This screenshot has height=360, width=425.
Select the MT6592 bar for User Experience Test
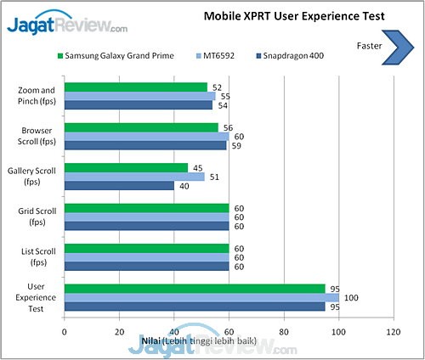click(x=201, y=297)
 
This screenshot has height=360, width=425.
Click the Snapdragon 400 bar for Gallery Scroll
click(x=119, y=186)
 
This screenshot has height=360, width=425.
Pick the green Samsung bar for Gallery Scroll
click(x=126, y=167)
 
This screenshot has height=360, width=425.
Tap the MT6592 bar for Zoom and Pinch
click(x=139, y=96)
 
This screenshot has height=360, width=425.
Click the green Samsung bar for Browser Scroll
click(x=141, y=127)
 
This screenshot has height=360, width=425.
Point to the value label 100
click(x=350, y=297)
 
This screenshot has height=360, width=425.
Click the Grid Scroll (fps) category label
click(x=38, y=217)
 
